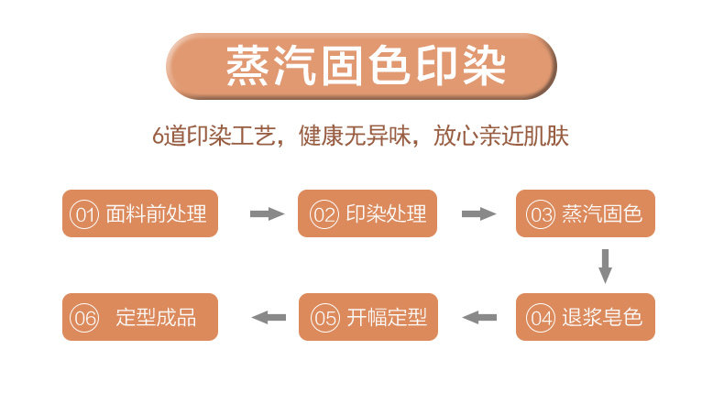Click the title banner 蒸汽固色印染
coord(362,66)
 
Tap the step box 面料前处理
coord(139,213)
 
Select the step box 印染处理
coord(367,213)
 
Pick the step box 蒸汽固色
coord(586,213)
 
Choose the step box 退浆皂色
coord(586,317)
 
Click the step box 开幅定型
coord(367,317)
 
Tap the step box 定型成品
coord(139,317)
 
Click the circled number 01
coord(84,214)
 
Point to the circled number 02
coord(324,214)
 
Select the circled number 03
coord(541,214)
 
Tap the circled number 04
coord(541,318)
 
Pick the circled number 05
coord(324,318)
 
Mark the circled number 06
coord(84,318)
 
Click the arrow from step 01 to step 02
coord(267,213)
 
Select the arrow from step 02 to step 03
coord(477,213)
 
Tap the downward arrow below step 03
coord(605,266)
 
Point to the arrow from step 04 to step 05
coord(479,317)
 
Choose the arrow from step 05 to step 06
coord(269,317)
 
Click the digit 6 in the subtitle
coord(158,136)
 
